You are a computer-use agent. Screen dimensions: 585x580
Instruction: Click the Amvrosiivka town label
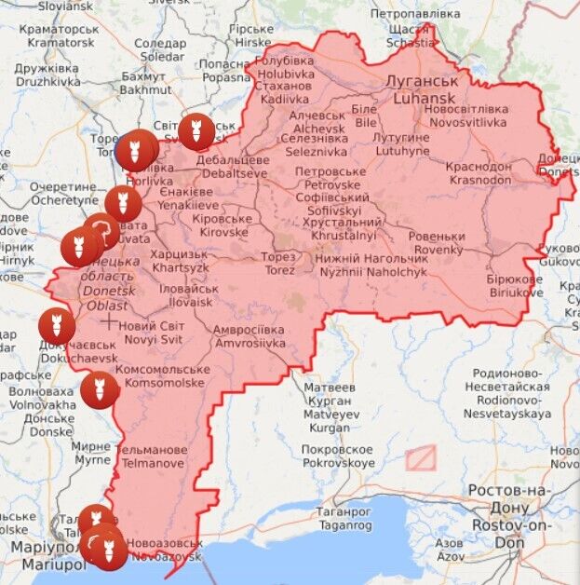[x=249, y=336]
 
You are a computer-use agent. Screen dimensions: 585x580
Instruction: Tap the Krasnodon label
[x=479, y=171]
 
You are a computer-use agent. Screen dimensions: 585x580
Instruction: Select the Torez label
[x=278, y=263]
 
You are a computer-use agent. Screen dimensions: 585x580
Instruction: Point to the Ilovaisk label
[x=189, y=295]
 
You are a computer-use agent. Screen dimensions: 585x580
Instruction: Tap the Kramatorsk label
[x=62, y=35]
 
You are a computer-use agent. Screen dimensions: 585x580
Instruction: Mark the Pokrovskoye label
[x=338, y=456]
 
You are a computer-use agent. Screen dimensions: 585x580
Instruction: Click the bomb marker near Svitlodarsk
[x=195, y=131]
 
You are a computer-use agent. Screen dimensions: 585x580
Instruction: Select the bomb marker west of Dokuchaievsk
[x=56, y=325]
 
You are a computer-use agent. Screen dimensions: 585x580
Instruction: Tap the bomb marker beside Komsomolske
[x=98, y=389]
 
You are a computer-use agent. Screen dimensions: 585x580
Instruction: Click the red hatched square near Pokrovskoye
[x=420, y=457]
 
